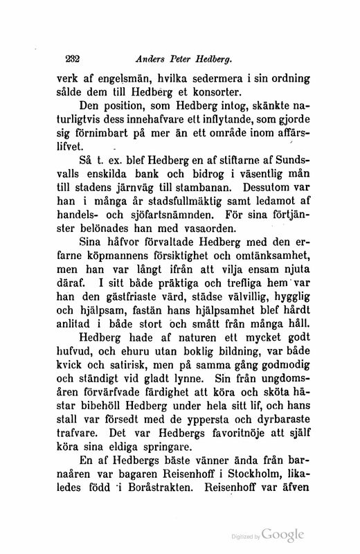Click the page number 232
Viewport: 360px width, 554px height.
pyautogui.click(x=73, y=58)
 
